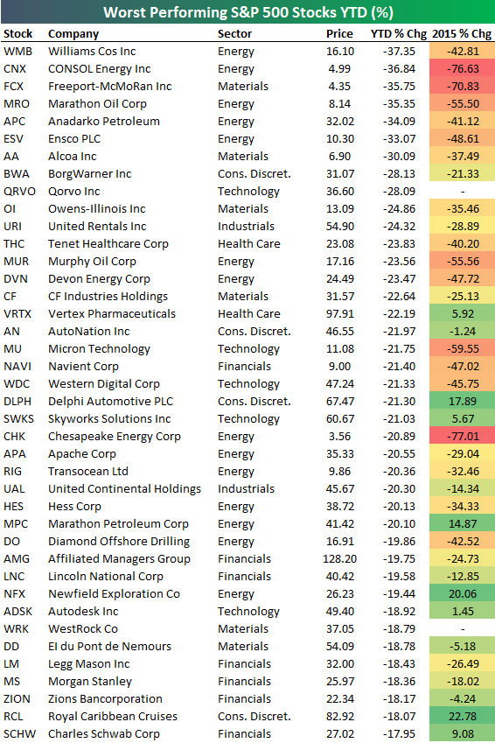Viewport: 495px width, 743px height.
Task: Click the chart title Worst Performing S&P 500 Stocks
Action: tap(247, 13)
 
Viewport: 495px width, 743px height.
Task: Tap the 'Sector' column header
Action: tap(234, 34)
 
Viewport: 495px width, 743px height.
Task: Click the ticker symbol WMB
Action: tap(17, 52)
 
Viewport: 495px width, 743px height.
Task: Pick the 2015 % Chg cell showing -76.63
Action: tap(461, 69)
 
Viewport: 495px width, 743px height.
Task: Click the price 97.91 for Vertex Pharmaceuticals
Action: tap(338, 314)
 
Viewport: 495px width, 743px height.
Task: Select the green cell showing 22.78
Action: tap(461, 717)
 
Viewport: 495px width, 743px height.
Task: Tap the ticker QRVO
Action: tap(20, 192)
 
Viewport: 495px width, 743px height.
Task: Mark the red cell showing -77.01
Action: tap(461, 437)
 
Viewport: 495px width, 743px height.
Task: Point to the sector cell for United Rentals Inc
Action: tap(247, 227)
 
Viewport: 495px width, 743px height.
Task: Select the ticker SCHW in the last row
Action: tap(20, 734)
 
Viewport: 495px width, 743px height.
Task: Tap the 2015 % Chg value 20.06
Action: tap(461, 594)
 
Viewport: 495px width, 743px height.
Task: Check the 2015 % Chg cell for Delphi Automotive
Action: tap(461, 402)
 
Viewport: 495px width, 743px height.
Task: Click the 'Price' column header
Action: tap(339, 34)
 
